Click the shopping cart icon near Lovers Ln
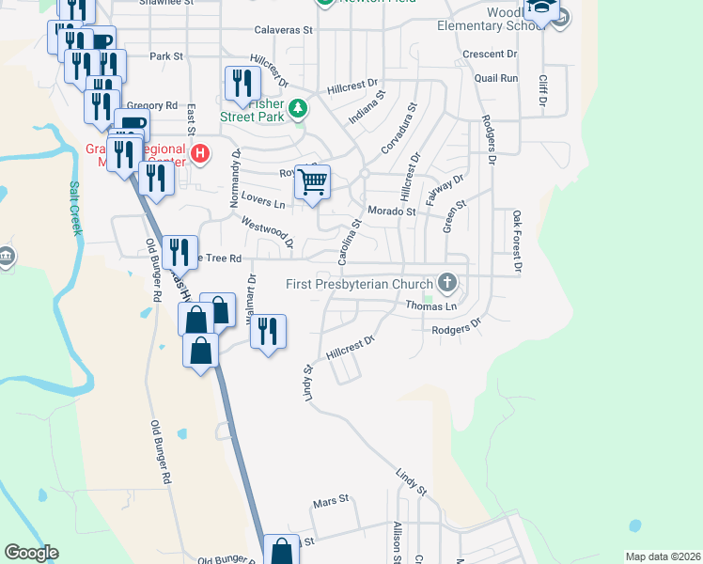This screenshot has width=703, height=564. pos(313,181)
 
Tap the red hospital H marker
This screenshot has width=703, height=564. pos(198,152)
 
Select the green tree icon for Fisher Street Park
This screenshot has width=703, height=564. pos(298,109)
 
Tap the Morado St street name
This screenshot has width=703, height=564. pos(391,211)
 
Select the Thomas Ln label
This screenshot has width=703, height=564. pos(430,306)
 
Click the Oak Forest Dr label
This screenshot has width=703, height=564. pos(516,243)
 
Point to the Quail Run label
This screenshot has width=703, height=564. pos(497,79)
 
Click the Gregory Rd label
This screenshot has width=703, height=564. pos(150,105)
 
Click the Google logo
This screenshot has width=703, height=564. pos(31,553)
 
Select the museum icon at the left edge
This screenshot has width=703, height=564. pos(6,257)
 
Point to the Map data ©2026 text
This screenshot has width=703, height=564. pos(662,556)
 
